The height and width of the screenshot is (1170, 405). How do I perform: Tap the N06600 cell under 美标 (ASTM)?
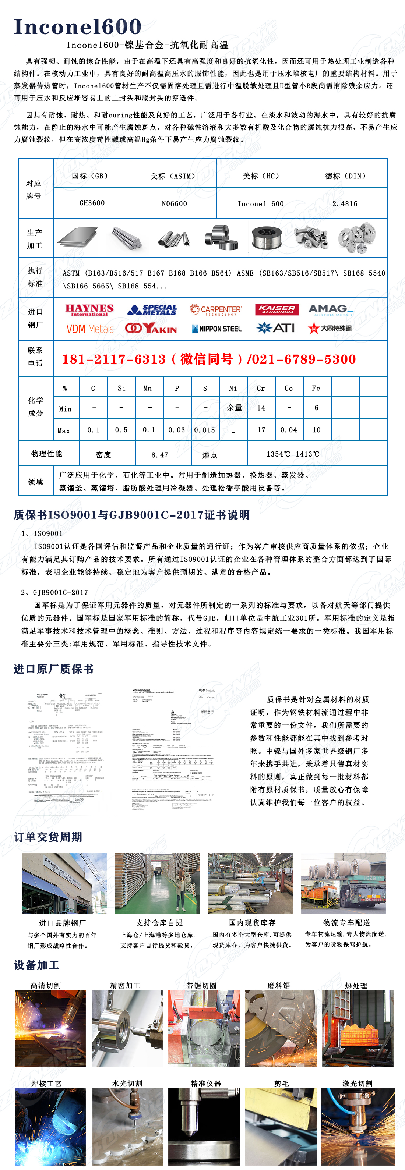pyautogui.click(x=174, y=203)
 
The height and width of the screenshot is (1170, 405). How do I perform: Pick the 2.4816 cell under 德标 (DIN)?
pyautogui.click(x=345, y=203)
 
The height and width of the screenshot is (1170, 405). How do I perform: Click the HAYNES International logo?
pyautogui.click(x=89, y=310)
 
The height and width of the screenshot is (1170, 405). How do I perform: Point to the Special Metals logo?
pyautogui.click(x=152, y=310)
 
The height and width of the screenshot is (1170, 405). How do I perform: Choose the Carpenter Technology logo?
pyautogui.click(x=216, y=310)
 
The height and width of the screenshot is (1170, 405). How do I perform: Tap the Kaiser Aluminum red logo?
pyautogui.click(x=277, y=309)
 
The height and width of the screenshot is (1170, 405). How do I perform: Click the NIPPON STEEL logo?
pyautogui.click(x=217, y=329)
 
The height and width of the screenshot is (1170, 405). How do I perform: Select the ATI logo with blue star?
pyautogui.click(x=275, y=328)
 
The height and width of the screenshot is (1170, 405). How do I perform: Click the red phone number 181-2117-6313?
pyautogui.click(x=114, y=359)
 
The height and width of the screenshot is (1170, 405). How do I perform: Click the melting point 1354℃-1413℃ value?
pyautogui.click(x=293, y=454)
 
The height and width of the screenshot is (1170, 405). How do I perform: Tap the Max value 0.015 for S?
pyautogui.click(x=205, y=430)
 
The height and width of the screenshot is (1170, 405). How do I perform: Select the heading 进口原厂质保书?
pyautogui.click(x=54, y=669)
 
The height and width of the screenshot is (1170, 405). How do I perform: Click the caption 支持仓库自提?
pyautogui.click(x=159, y=923)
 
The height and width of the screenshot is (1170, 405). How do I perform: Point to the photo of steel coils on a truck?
pyautogui.click(x=343, y=883)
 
